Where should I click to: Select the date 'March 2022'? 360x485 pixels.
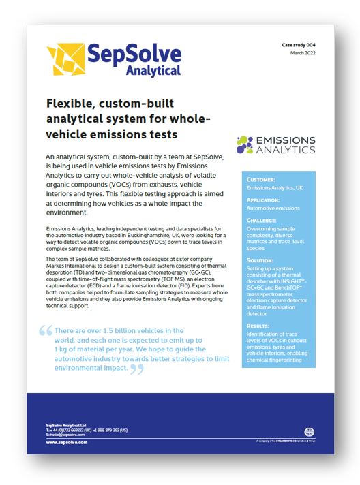303,52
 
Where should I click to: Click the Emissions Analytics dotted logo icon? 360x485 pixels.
245,143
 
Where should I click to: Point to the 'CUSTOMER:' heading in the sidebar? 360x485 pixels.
266,181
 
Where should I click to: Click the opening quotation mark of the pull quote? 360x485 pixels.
46,331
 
